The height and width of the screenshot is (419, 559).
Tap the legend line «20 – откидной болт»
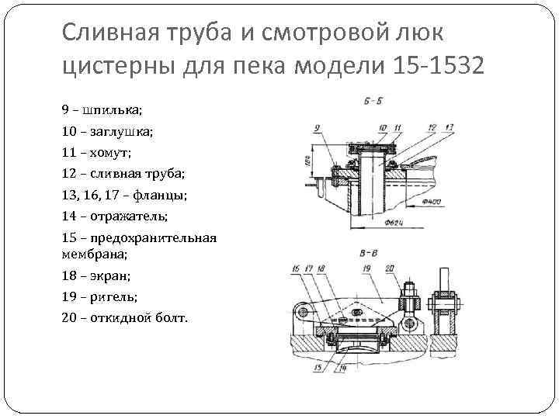123,317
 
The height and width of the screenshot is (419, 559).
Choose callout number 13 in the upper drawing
452,126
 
